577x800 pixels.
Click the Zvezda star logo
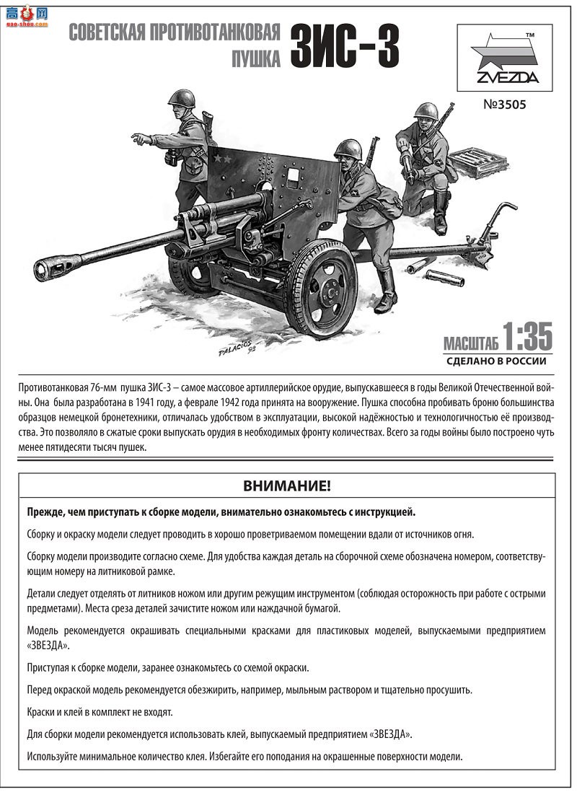click(x=503, y=54)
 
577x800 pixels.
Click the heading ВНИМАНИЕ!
click(x=287, y=485)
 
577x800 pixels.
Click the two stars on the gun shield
click(x=221, y=159)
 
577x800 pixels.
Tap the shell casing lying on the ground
click(x=444, y=278)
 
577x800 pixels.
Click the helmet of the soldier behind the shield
click(x=348, y=150)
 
